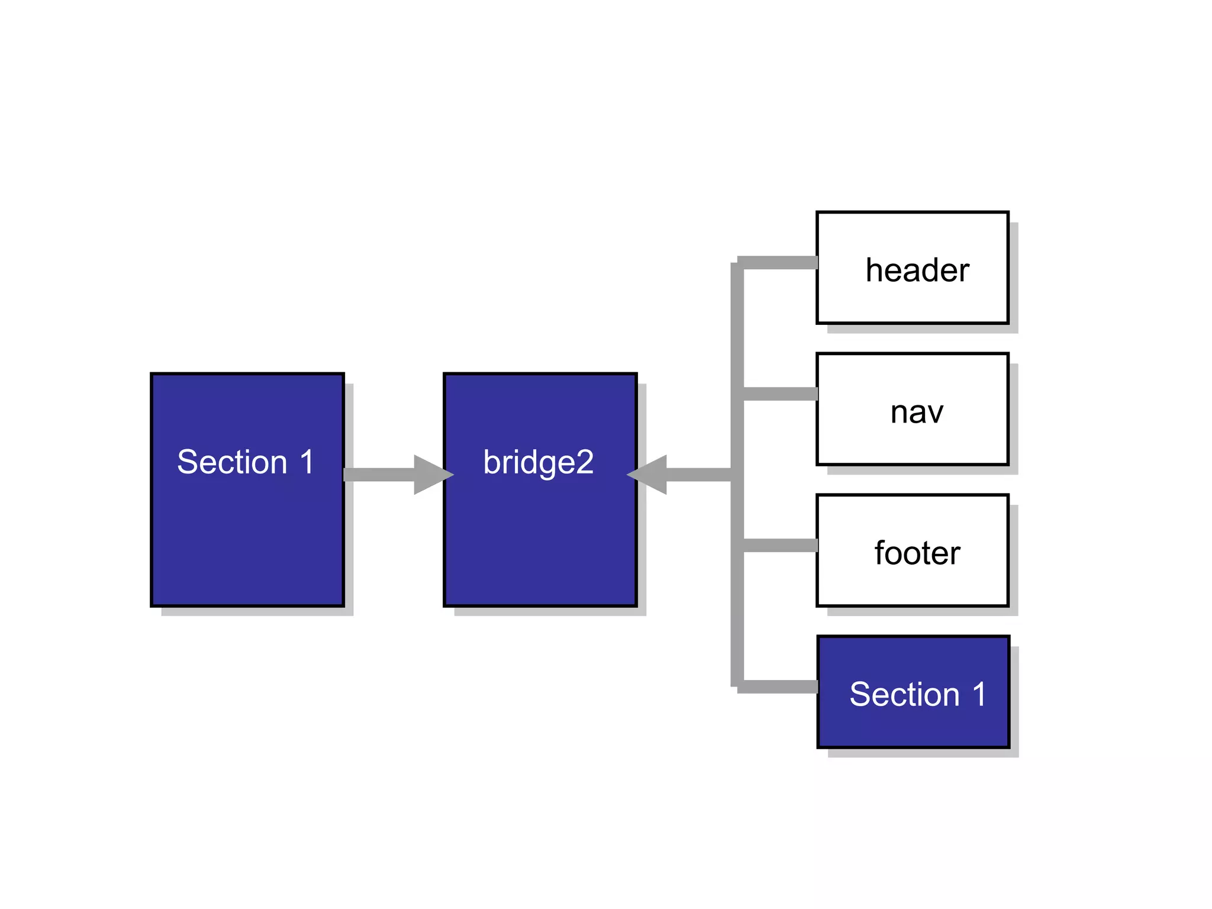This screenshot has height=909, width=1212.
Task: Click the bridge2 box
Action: click(540, 533)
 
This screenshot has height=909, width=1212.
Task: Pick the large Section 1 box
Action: click(247, 533)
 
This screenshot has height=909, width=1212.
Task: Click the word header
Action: click(917, 270)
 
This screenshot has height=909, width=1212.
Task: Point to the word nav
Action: click(917, 412)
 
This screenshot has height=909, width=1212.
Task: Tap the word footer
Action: click(917, 553)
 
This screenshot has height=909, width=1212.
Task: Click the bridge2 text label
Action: click(538, 462)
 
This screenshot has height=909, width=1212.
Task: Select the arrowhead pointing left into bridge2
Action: click(649, 475)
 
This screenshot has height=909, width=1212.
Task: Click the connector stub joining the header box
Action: click(780, 263)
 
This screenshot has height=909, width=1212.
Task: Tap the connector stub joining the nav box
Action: click(780, 394)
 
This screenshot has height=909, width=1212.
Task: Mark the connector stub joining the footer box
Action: click(780, 545)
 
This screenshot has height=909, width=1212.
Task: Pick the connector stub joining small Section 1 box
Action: click(780, 686)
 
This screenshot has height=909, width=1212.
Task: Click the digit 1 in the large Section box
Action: click(307, 462)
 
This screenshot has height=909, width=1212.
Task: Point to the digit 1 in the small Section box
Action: click(979, 694)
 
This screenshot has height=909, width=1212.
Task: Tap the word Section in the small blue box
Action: click(904, 694)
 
